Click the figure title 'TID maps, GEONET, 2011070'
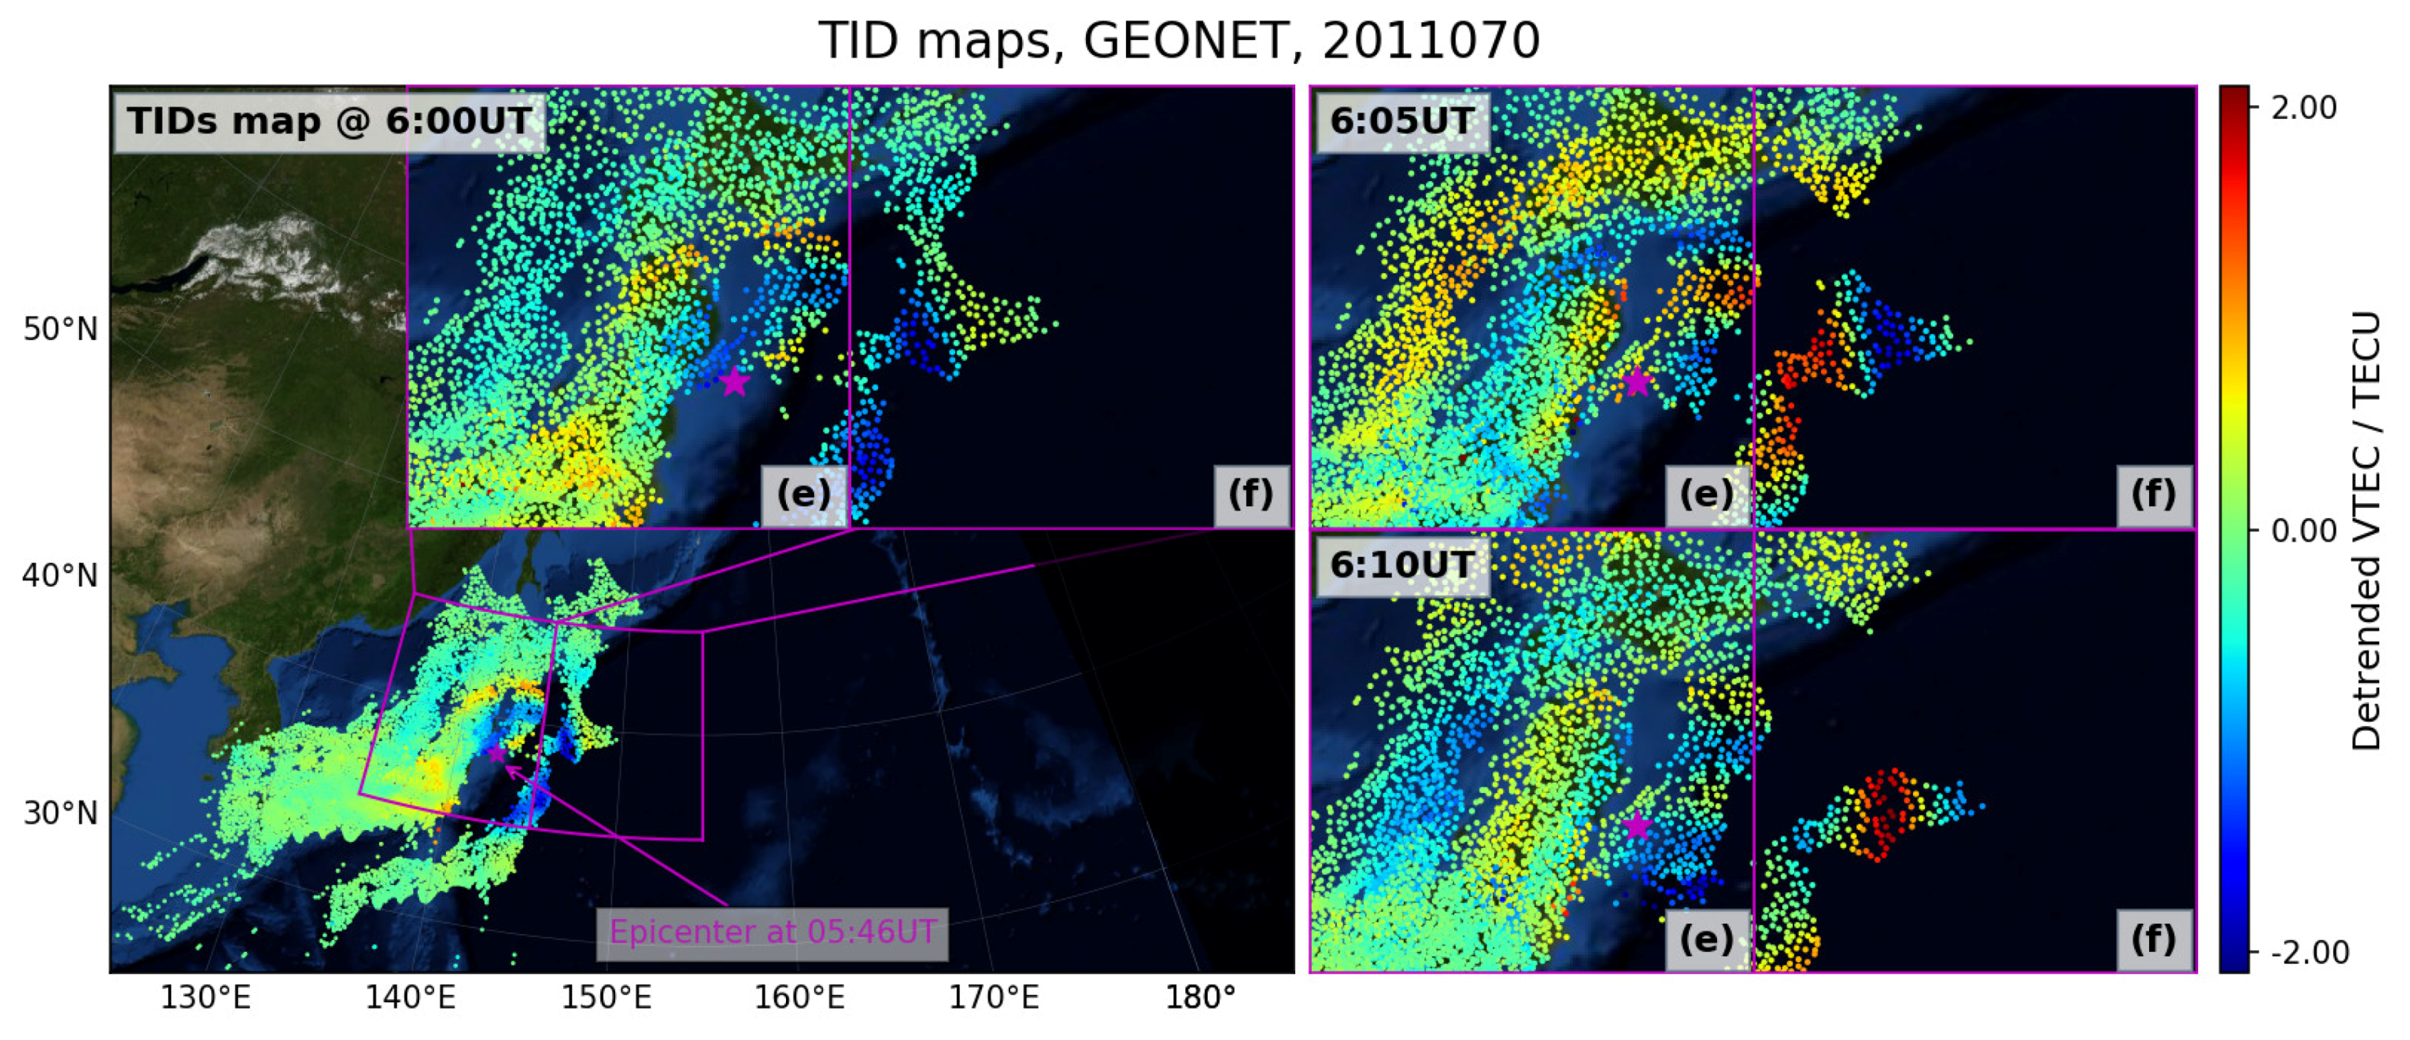point(1179,41)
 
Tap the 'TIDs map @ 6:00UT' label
point(330,122)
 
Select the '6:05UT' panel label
point(1400,122)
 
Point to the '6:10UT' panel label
point(1400,565)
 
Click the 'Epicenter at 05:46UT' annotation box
point(772,933)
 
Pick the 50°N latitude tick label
point(60,330)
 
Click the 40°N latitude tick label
point(60,575)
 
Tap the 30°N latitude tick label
point(60,813)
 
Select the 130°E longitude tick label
point(205,998)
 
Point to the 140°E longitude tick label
point(409,998)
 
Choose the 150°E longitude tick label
point(606,998)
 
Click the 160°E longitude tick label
point(799,998)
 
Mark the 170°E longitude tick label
point(994,998)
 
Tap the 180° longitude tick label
point(1199,998)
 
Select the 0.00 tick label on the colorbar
point(2303,531)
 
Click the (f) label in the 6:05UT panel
point(2154,494)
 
